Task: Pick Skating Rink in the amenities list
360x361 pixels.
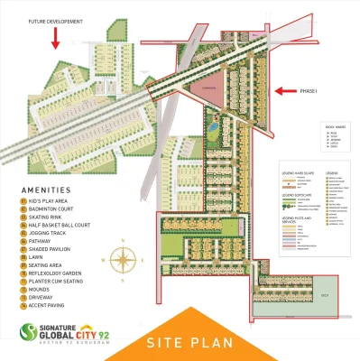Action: tap(46, 217)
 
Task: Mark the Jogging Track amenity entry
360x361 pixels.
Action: tap(49, 233)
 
